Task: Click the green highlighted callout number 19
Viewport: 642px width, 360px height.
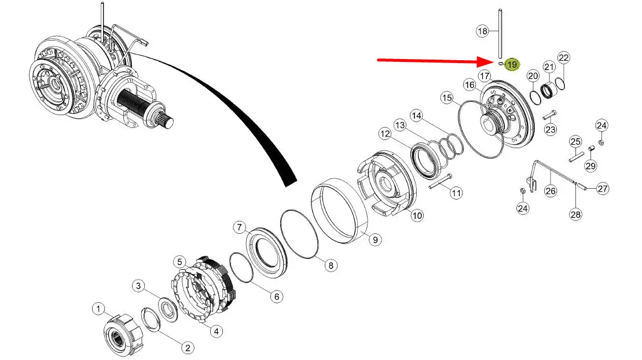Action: click(x=512, y=64)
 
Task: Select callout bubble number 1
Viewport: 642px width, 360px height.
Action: click(x=98, y=308)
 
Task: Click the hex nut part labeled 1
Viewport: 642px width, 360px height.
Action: click(x=122, y=334)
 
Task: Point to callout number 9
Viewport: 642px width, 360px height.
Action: click(x=375, y=239)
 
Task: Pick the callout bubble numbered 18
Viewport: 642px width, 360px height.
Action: click(x=482, y=31)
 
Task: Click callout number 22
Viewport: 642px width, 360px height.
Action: click(x=564, y=58)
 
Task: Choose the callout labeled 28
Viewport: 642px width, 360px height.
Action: click(x=575, y=214)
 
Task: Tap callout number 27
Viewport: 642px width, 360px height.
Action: click(x=603, y=189)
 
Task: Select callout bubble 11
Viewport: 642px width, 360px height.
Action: click(x=456, y=193)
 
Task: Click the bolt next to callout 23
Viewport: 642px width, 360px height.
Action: click(x=549, y=115)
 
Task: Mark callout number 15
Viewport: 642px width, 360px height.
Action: click(x=447, y=98)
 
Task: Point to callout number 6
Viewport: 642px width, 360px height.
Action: click(x=276, y=296)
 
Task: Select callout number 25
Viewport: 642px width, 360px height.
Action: click(x=575, y=142)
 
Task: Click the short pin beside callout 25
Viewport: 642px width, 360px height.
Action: click(x=576, y=156)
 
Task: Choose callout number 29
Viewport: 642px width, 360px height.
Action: click(x=590, y=166)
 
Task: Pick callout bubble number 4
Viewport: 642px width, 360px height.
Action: click(x=216, y=331)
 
